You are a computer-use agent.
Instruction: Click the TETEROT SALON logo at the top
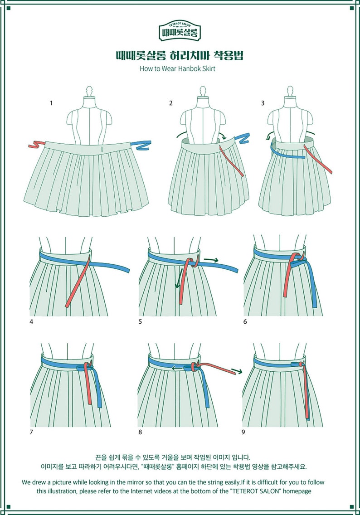point(180,29)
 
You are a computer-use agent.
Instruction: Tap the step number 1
point(51,103)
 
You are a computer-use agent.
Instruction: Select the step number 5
point(140,322)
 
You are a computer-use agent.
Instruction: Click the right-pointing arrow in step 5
point(211,260)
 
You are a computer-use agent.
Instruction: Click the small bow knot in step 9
point(299,364)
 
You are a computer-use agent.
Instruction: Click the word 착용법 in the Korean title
point(229,56)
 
